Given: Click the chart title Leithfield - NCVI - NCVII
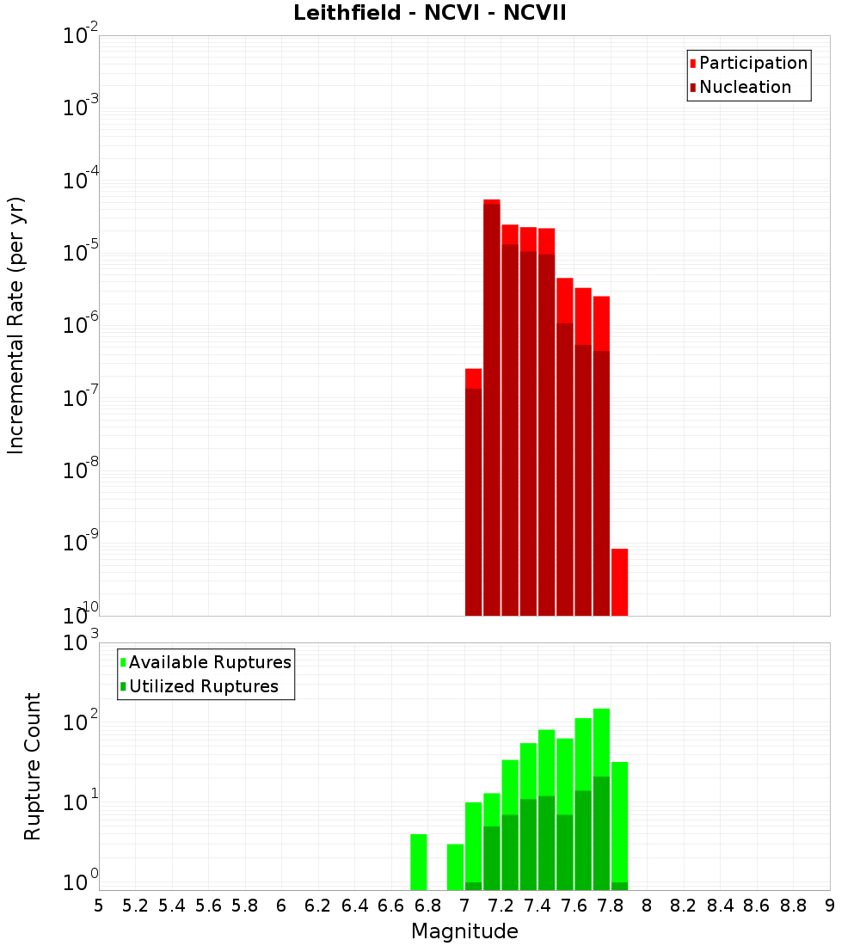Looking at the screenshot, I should pos(429,13).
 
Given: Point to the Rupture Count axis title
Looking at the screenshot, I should pos(33,765).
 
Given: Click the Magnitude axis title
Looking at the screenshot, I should pos(464,931).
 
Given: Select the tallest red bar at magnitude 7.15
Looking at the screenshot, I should pos(492,404).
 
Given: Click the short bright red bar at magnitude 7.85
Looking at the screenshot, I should pos(619,581).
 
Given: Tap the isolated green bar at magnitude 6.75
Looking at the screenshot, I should pos(419,862).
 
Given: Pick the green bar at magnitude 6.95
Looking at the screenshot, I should pos(455,867).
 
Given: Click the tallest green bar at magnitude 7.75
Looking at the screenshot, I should pos(601,800).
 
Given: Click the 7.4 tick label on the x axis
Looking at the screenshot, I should pos(537,905).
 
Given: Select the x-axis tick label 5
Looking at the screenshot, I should pos(99,905).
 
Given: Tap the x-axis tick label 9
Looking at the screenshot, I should pos(830,905).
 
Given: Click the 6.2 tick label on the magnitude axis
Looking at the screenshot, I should pos(318,905).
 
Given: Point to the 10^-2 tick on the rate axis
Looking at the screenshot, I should pos(81,36).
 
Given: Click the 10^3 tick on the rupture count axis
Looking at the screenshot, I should pos(81,642).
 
